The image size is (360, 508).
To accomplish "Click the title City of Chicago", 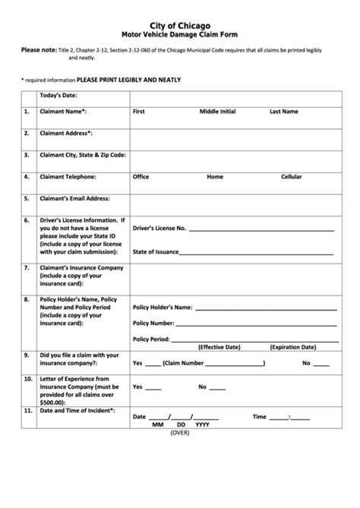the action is tap(180, 26).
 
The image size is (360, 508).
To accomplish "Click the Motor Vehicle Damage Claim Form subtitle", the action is tap(180, 35).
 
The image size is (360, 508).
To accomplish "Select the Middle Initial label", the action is tap(219, 112).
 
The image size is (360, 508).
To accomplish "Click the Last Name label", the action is tap(284, 112).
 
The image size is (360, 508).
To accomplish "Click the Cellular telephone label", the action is tap(292, 177).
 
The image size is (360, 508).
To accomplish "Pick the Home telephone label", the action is tap(215, 177).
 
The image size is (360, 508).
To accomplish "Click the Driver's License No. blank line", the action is tap(261, 229).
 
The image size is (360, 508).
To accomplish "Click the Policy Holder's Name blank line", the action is tap(265, 308).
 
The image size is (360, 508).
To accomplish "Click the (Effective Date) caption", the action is tap(219, 347).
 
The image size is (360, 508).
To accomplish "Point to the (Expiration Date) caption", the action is tap(293, 347).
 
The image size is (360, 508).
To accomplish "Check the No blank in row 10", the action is tap(217, 387).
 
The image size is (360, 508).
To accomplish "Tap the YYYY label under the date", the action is tap(202, 424).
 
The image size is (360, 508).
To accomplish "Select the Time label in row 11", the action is tap(260, 416).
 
